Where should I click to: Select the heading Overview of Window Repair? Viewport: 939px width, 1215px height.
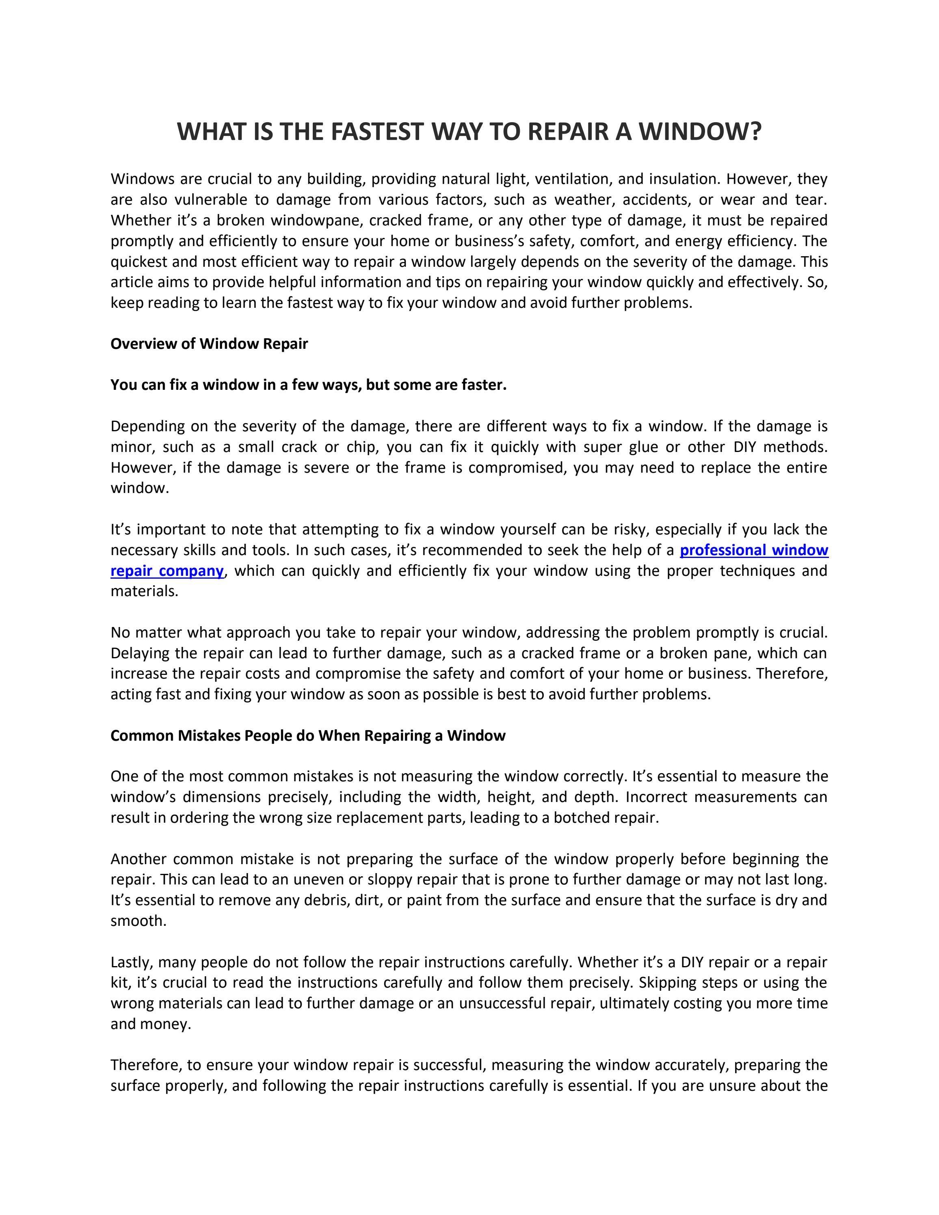[209, 344]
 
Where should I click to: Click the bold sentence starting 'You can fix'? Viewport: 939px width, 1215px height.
[308, 385]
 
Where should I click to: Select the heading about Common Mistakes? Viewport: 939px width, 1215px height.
[307, 735]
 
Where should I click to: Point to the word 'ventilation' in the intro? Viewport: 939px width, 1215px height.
[573, 179]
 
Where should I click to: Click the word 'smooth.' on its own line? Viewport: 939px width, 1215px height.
[138, 921]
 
